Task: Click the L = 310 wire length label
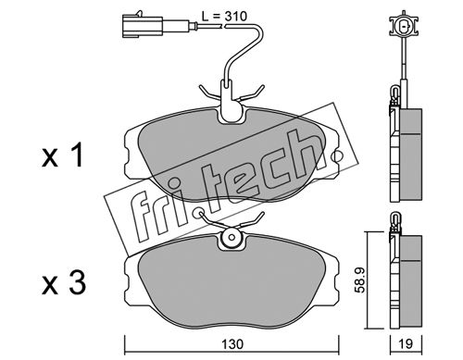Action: tap(224, 16)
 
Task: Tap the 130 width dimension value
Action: tap(232, 344)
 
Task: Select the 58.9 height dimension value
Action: tap(360, 279)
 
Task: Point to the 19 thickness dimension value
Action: tap(406, 344)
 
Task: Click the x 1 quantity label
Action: tap(63, 155)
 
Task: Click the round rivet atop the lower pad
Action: tap(231, 237)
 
